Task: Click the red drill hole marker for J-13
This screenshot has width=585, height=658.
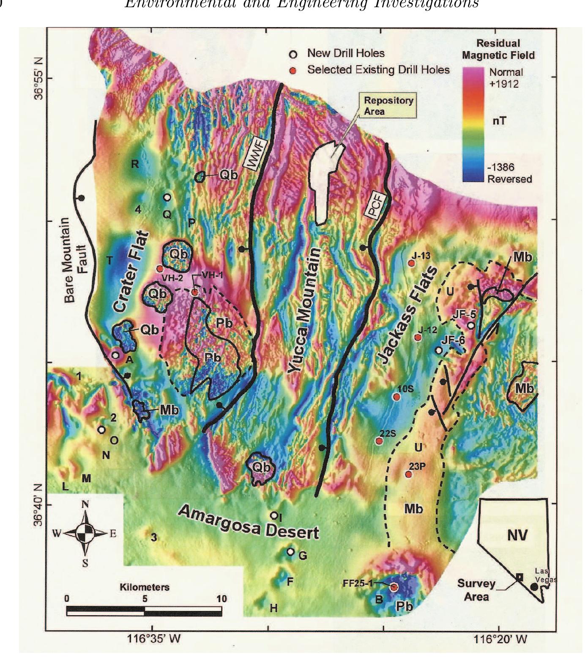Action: (x=411, y=263)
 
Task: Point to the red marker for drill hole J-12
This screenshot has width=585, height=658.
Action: (x=418, y=337)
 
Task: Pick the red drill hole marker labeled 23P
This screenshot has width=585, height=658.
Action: (x=408, y=474)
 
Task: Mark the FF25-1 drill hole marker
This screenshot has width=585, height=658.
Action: (x=394, y=587)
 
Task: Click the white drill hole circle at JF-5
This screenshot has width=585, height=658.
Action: (x=470, y=325)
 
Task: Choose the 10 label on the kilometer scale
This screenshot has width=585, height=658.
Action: (x=221, y=599)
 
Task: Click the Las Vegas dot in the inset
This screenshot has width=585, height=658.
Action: (x=534, y=586)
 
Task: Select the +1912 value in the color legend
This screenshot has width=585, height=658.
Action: (x=504, y=83)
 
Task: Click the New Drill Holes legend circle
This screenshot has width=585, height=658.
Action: (x=293, y=54)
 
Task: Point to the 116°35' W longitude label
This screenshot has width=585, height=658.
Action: (x=153, y=639)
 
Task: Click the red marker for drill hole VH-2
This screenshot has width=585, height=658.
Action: (x=160, y=268)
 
